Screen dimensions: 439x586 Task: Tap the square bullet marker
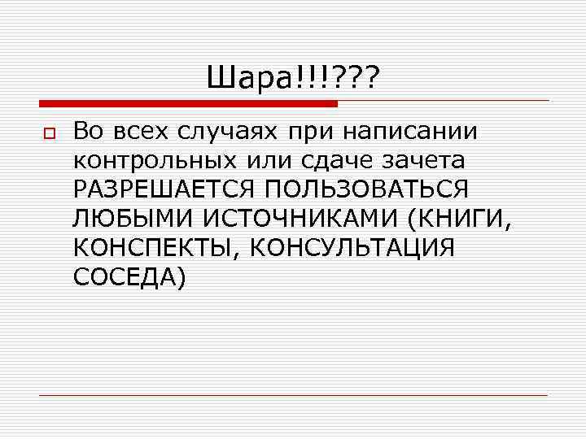(x=46, y=133)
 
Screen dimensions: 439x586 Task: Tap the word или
(x=275, y=160)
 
